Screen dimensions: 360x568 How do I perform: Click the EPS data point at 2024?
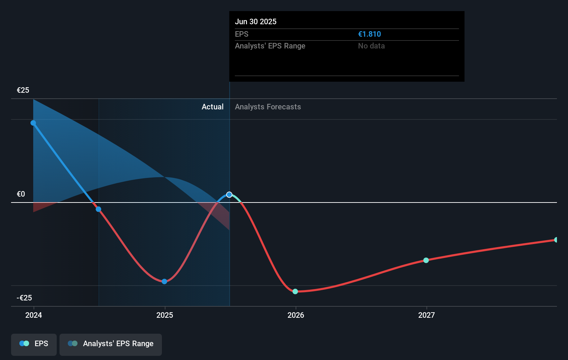point(33,123)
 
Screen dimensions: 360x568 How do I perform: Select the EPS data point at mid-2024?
point(99,209)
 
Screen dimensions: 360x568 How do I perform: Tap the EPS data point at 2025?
point(164,281)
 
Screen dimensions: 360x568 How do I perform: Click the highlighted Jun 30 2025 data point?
point(229,195)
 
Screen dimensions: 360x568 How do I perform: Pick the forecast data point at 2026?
point(295,291)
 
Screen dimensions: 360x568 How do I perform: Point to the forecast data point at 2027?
point(426,260)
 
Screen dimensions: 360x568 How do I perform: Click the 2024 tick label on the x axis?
point(34,315)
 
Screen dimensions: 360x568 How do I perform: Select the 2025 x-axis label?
point(165,315)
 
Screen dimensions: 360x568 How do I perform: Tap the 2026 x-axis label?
point(296,315)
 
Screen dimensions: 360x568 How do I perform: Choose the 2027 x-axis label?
point(427,315)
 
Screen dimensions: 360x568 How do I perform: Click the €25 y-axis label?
point(23,90)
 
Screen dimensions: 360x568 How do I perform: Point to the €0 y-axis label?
point(21,194)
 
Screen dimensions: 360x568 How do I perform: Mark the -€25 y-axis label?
point(24,298)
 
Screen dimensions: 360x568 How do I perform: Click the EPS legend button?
point(34,344)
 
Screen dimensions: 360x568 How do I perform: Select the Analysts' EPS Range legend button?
point(111,344)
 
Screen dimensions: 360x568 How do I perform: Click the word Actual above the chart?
point(212,107)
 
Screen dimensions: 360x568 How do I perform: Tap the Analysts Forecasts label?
point(268,107)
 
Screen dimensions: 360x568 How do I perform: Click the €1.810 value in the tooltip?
point(369,34)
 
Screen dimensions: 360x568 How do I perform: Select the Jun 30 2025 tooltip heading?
point(256,22)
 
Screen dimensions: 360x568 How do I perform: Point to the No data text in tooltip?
point(371,46)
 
